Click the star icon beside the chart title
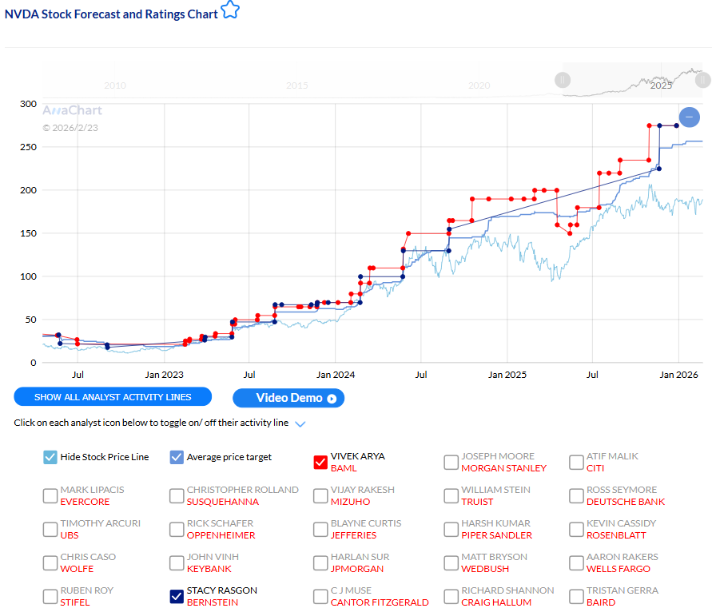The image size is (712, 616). coord(230,10)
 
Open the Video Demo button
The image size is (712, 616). coord(288,398)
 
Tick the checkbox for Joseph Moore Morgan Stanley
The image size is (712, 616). coord(451,462)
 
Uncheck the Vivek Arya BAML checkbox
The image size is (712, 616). coord(320,462)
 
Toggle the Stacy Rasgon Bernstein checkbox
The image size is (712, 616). coord(177,596)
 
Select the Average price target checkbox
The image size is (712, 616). coord(177,457)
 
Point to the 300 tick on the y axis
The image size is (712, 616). coord(28,104)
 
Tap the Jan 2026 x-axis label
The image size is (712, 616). coord(678,375)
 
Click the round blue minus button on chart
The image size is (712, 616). coord(689,117)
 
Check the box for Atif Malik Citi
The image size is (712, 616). coord(576,462)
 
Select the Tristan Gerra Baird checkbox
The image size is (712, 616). coord(576,596)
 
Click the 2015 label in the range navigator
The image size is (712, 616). coord(297,85)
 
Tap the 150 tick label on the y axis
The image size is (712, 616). coord(28,233)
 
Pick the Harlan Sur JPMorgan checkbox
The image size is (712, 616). coord(320,562)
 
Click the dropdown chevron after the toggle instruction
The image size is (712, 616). coord(300,423)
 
